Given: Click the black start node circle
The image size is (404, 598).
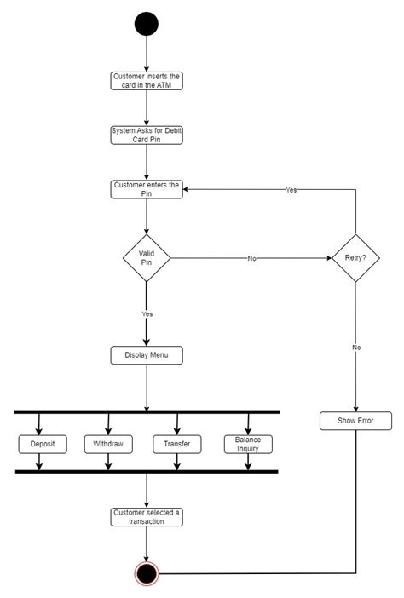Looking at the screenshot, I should point(147,25).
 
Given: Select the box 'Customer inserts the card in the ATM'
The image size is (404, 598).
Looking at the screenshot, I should point(147,82).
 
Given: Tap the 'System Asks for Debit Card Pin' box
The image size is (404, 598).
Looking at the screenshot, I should point(147,135).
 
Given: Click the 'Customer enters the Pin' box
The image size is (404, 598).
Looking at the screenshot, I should point(147,189).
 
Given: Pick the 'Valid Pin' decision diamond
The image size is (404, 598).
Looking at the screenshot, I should point(147,257).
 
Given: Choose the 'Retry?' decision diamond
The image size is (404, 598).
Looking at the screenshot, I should point(355,257).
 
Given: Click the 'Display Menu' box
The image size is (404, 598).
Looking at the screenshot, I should point(147,355).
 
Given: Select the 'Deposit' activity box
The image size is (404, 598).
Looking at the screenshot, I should point(39,444).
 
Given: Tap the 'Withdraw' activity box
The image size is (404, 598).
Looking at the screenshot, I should point(108,444).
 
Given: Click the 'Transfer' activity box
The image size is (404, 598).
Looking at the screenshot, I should point(176,444).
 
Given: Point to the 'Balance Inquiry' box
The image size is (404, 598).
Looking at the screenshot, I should point(248,444).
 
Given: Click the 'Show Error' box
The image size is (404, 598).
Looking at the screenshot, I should point(355,421).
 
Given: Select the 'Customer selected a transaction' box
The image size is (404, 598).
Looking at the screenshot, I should point(147,516).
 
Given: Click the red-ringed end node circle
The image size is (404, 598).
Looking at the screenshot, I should point(147,573).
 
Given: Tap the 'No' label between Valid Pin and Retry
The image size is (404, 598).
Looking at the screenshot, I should point(252,257).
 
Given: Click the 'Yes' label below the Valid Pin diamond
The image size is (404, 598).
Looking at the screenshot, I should point(147,314).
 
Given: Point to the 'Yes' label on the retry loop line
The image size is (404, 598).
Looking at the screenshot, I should point(291,190).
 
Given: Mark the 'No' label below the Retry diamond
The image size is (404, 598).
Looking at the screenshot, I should point(355,348).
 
